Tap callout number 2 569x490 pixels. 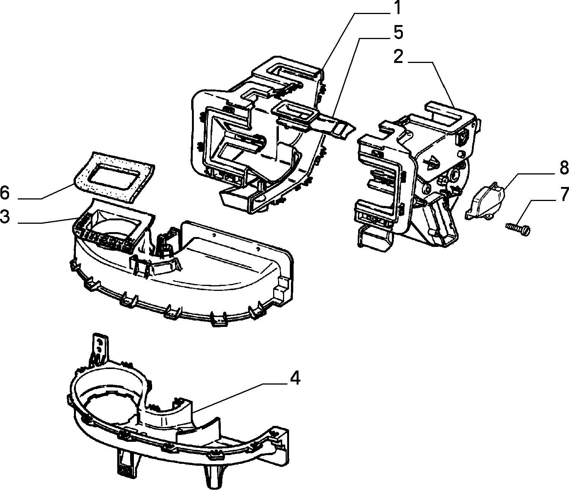pos(398,57)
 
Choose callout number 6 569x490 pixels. pos(5,193)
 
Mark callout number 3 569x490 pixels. pos(5,217)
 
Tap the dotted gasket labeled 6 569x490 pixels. pos(113,176)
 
